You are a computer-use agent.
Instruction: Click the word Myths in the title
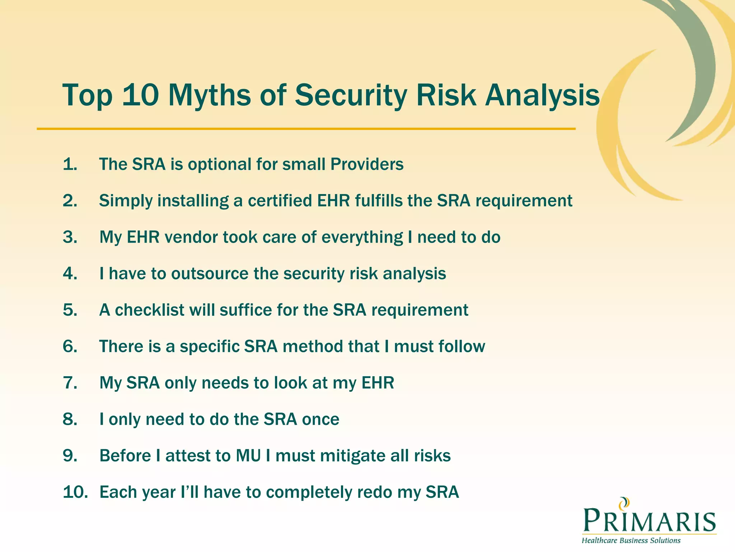(210, 95)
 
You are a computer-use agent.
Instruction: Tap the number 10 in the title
(140, 95)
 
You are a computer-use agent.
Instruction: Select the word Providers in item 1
(367, 164)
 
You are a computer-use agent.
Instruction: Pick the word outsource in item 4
(210, 273)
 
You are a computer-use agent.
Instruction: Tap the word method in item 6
(313, 346)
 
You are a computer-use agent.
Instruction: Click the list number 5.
(70, 310)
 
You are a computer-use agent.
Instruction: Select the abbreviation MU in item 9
(248, 456)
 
